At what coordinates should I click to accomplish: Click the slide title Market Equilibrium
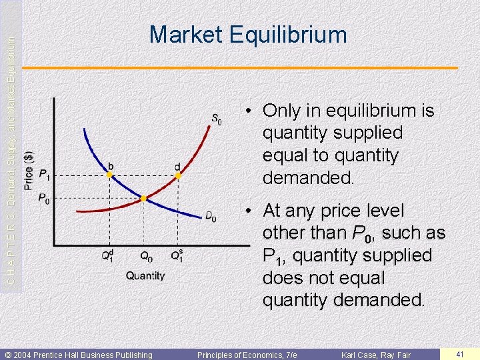coord(248,35)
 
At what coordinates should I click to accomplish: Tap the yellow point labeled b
coord(109,175)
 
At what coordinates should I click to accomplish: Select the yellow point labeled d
coord(178,175)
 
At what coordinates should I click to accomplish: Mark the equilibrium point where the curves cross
coord(143,199)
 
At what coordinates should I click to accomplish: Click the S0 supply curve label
coord(217,120)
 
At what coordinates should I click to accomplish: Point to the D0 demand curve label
coord(210,217)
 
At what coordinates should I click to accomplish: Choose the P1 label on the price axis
coord(44,175)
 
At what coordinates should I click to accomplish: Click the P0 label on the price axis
coord(44,199)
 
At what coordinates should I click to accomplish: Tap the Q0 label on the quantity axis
coord(145,256)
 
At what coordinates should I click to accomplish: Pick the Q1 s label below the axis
coord(177,255)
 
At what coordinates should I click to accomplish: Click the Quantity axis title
coord(145,275)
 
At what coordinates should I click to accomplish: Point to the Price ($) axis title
coord(28,169)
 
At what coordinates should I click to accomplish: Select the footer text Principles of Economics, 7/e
coord(247,355)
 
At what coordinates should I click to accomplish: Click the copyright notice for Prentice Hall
coord(79,355)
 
